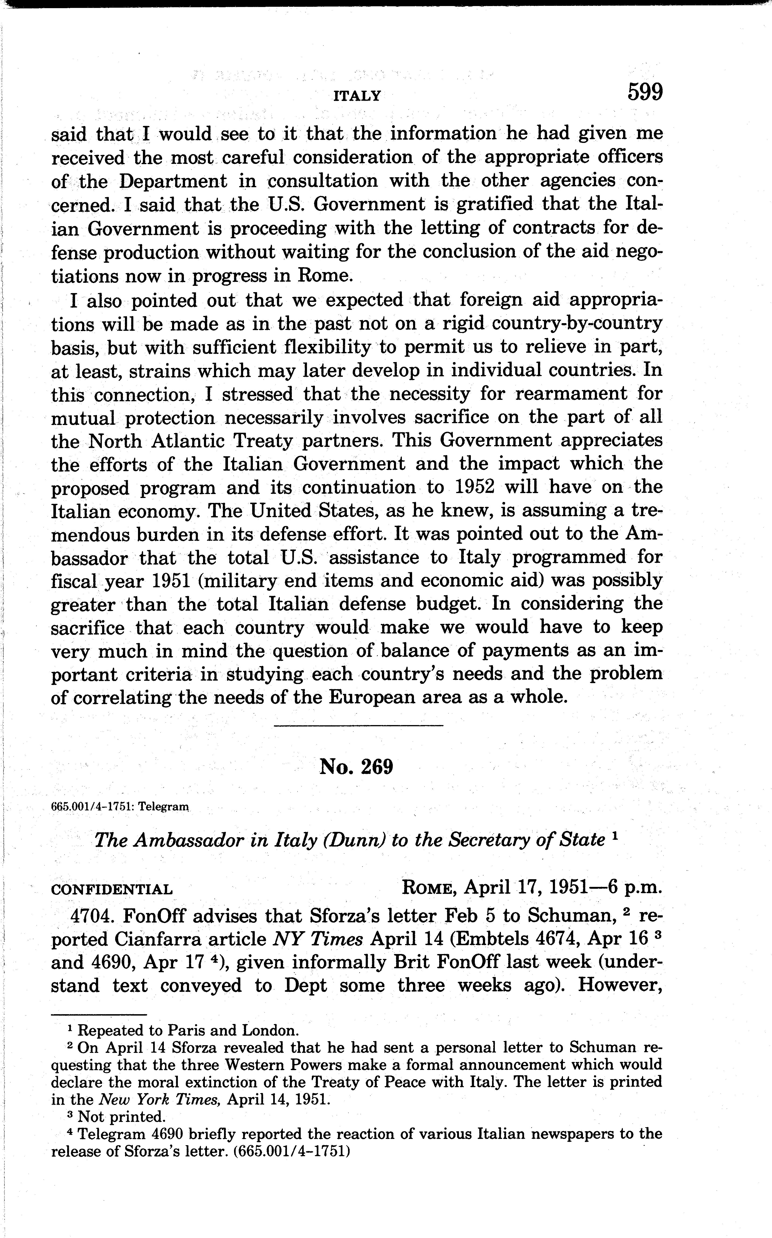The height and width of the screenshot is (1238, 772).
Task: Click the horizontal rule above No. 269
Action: [358, 725]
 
